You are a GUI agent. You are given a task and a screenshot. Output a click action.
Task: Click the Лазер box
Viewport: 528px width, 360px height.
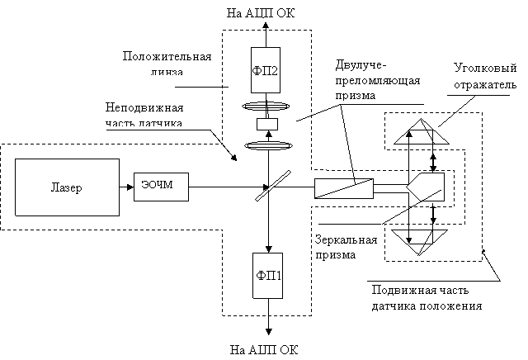pos(67,187)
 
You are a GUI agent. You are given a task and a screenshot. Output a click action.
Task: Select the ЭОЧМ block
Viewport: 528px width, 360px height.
pos(162,187)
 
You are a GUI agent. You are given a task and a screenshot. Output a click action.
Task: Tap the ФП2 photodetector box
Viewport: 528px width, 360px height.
pos(266,70)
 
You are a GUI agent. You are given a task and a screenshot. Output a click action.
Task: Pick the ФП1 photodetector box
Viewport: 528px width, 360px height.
pos(267,276)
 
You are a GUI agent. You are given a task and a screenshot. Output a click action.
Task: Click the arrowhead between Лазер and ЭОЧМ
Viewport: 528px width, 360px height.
pos(130,187)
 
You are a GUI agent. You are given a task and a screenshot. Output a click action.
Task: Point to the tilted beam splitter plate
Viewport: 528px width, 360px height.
pos(273,186)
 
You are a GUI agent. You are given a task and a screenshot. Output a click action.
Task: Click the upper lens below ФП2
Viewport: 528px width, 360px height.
pos(266,107)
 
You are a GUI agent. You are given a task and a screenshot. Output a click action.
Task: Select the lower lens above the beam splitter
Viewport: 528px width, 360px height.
pos(268,145)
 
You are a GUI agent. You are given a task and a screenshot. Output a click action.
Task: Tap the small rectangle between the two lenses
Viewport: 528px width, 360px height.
pos(267,124)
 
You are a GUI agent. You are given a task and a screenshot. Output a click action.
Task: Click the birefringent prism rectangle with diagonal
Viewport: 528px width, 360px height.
pos(344,188)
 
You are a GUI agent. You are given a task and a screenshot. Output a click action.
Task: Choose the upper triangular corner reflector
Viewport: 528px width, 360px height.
pos(422,131)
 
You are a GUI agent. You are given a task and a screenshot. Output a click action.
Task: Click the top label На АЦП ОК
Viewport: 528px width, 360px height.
pos(261,13)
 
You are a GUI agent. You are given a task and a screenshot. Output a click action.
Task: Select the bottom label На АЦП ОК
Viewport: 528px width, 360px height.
pos(264,349)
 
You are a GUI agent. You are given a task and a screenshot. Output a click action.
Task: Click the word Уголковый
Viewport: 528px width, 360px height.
pos(485,68)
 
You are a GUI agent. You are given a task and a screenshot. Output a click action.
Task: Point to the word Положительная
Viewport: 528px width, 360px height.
pos(167,56)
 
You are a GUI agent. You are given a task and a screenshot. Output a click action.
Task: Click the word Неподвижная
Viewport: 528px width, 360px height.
pos(144,107)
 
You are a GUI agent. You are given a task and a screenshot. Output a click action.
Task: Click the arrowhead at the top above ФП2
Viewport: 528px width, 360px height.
pos(266,26)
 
